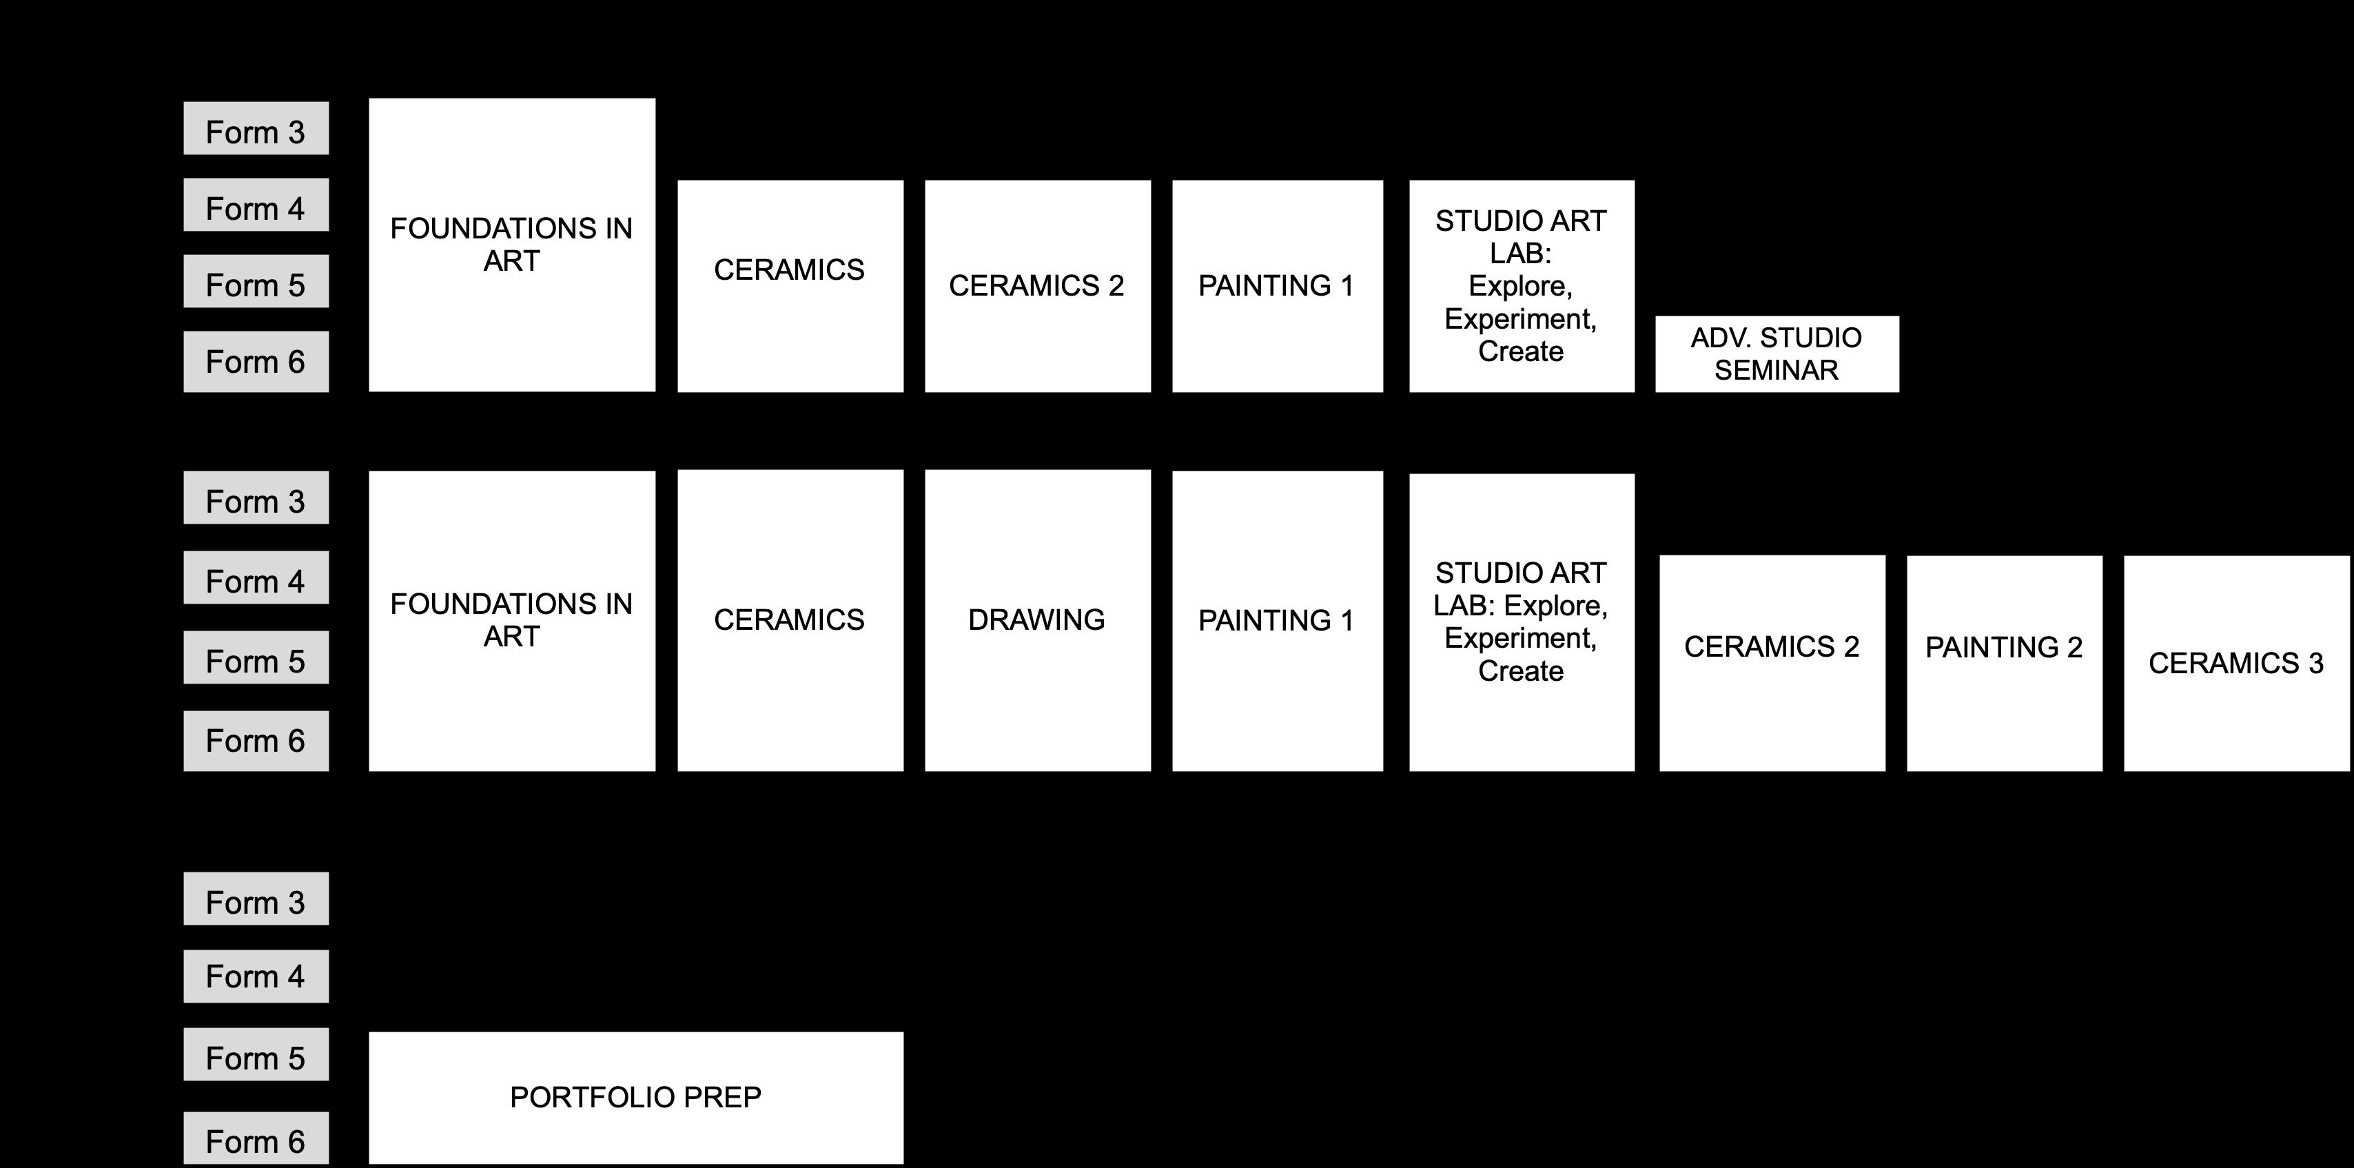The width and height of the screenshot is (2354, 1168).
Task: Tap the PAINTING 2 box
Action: point(2004,663)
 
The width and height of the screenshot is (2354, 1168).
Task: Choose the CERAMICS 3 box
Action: point(2235,663)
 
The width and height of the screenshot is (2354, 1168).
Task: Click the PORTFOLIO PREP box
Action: point(635,1097)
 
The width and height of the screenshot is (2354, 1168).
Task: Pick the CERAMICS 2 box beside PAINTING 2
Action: point(1772,663)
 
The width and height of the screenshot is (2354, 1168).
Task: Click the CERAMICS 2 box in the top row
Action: point(1037,286)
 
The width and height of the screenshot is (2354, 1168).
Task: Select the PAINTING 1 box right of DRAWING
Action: point(1277,621)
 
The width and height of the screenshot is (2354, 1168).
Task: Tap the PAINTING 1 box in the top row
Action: point(1277,286)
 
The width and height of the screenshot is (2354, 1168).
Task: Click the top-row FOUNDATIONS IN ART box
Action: point(512,245)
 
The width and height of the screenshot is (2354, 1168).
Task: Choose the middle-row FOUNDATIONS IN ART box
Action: point(512,621)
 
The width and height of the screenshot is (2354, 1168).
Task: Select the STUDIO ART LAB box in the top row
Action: point(1522,286)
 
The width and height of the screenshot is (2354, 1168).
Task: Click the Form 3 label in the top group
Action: point(256,129)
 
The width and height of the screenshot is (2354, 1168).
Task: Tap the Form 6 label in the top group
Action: point(256,362)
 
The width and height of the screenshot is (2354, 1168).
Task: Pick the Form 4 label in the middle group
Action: point(256,579)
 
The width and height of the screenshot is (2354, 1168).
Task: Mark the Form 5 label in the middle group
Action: point(256,658)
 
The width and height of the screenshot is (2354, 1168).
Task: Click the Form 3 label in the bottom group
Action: point(256,899)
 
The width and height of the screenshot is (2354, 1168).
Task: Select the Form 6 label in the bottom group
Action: point(256,1139)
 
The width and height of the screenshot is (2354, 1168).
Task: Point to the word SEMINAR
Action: point(1777,370)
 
